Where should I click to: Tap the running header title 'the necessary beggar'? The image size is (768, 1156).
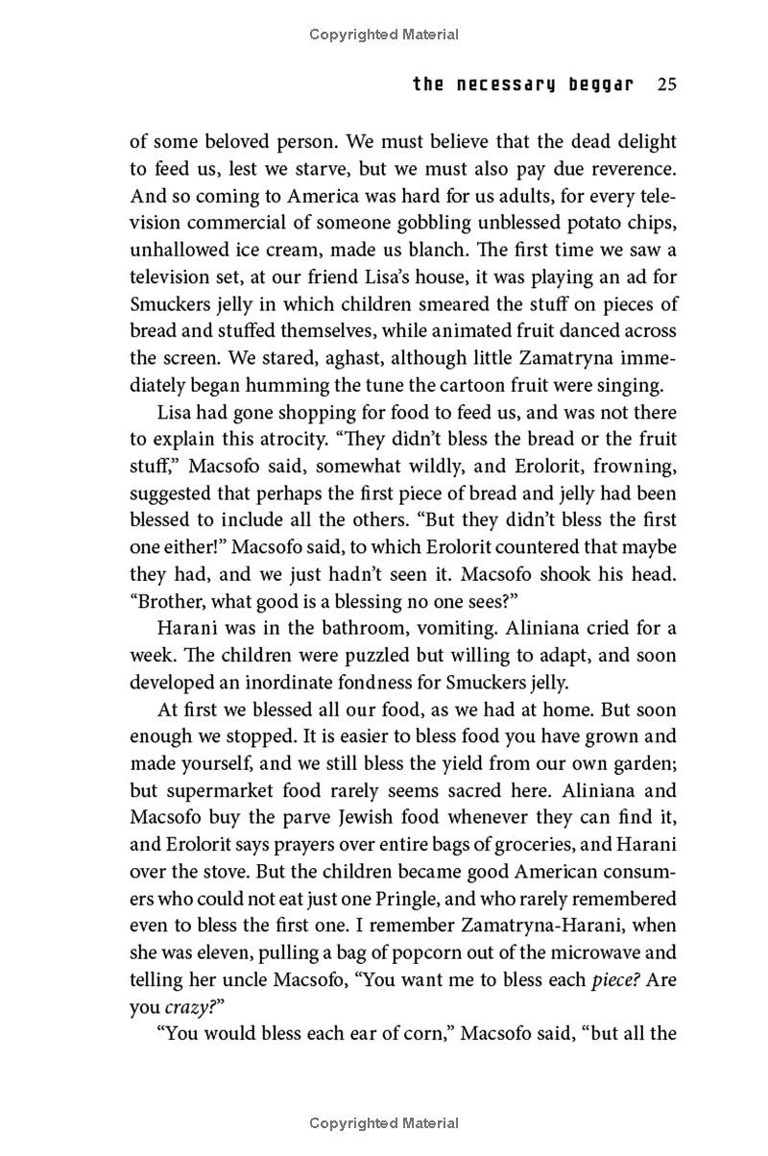[x=523, y=84]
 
